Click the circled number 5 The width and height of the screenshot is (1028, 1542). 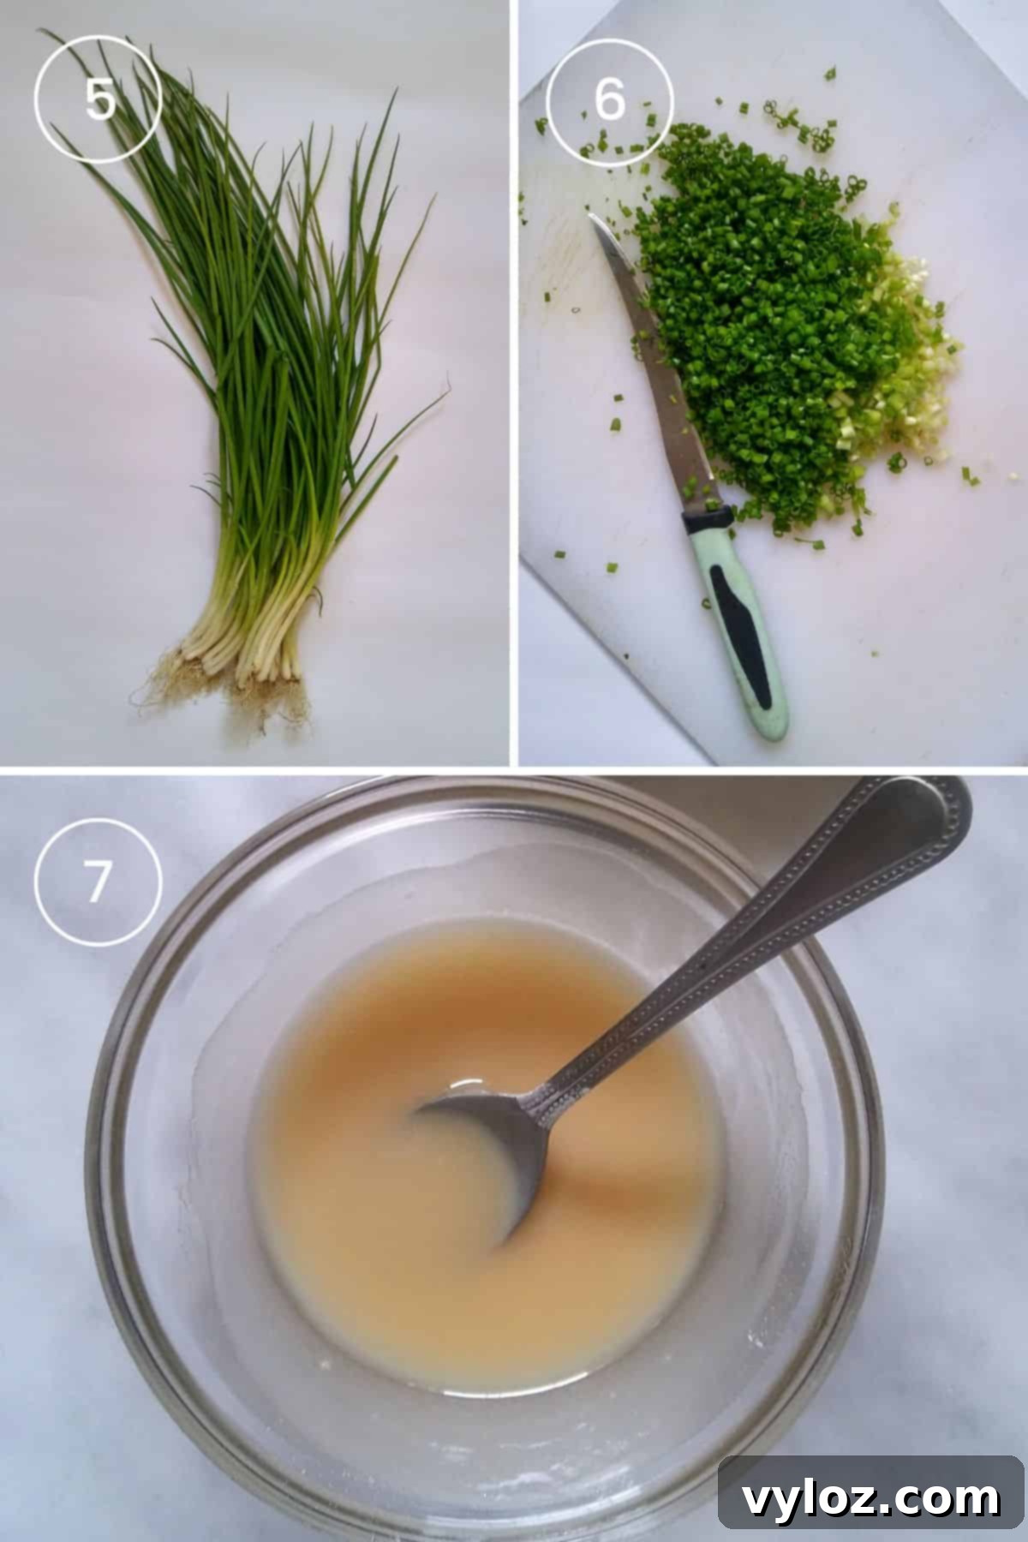(98, 100)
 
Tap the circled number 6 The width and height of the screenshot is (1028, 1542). (609, 100)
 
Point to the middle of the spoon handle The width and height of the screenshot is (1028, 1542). (754, 942)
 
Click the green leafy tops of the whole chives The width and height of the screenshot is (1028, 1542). (257, 257)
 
